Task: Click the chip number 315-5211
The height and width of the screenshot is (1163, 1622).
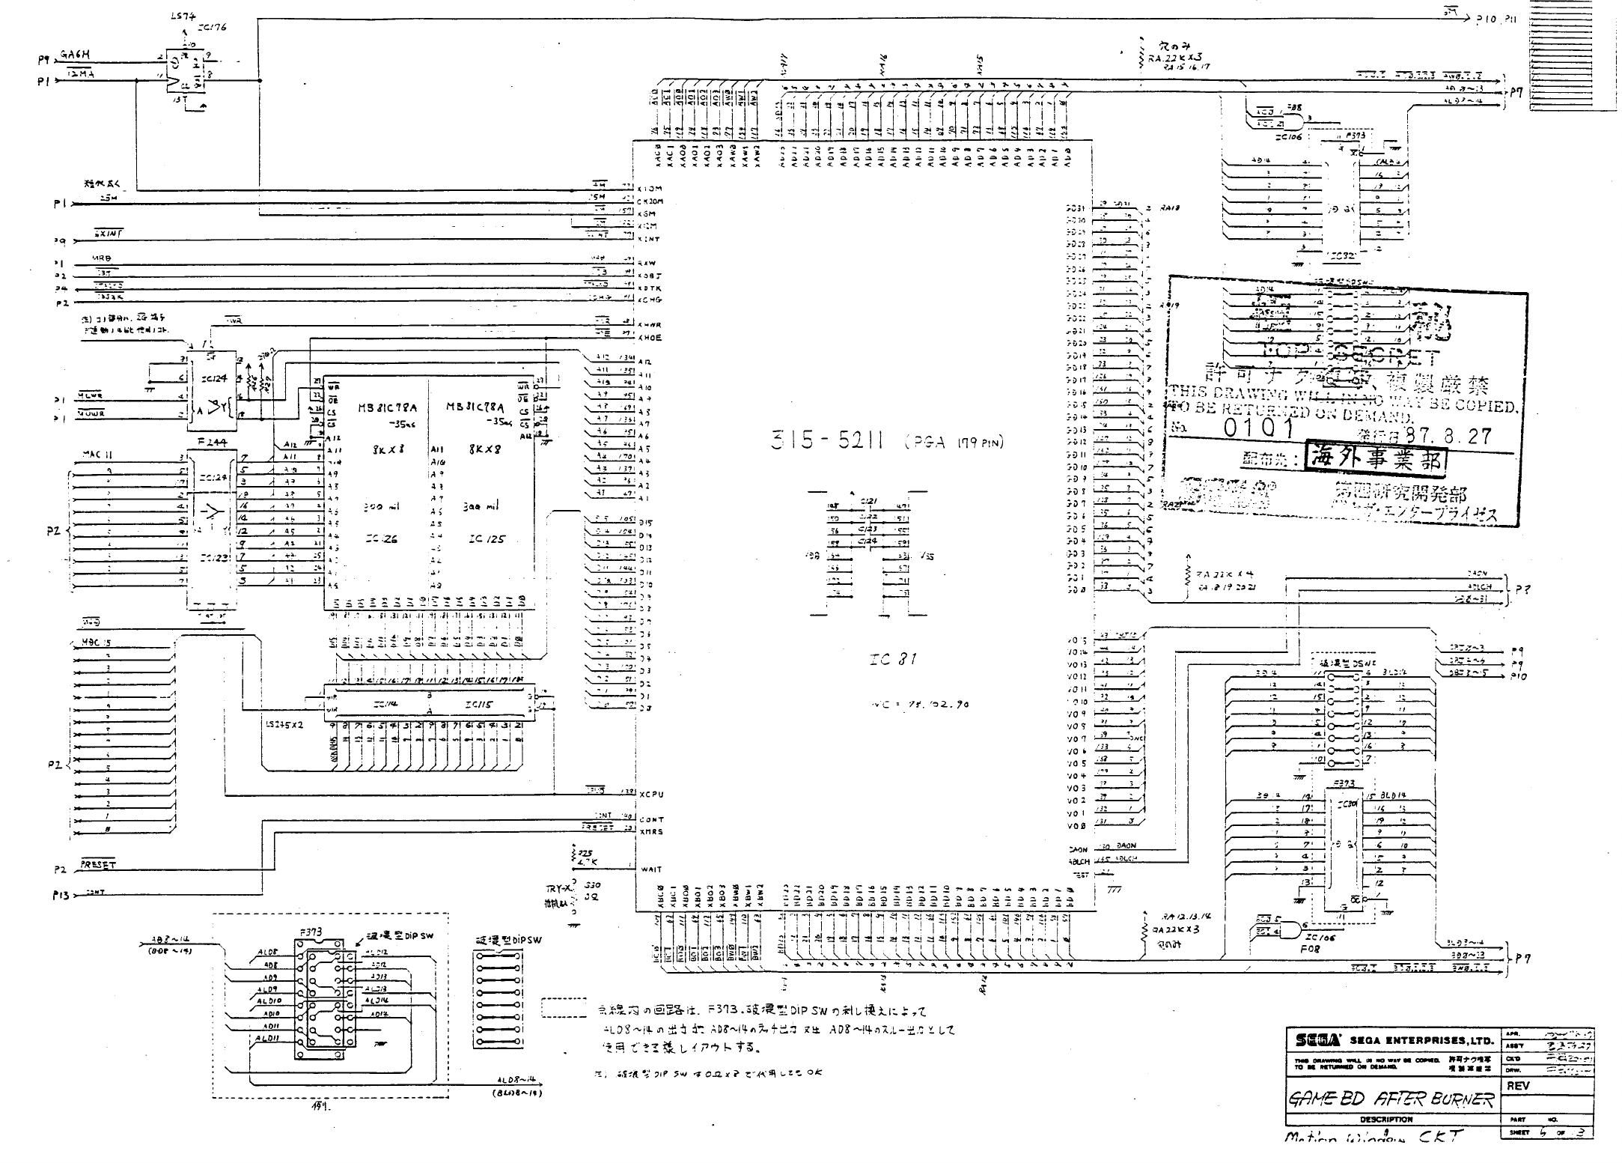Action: coord(827,441)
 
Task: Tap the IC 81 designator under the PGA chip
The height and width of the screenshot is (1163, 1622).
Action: coord(892,660)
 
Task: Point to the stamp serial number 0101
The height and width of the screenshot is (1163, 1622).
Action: coord(1258,428)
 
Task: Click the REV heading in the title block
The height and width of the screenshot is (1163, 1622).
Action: coord(1519,1086)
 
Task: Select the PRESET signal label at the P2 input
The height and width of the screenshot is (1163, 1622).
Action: coord(97,864)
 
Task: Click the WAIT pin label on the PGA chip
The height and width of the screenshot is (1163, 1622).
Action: coord(650,869)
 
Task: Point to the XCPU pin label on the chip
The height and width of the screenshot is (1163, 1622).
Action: coord(651,794)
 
